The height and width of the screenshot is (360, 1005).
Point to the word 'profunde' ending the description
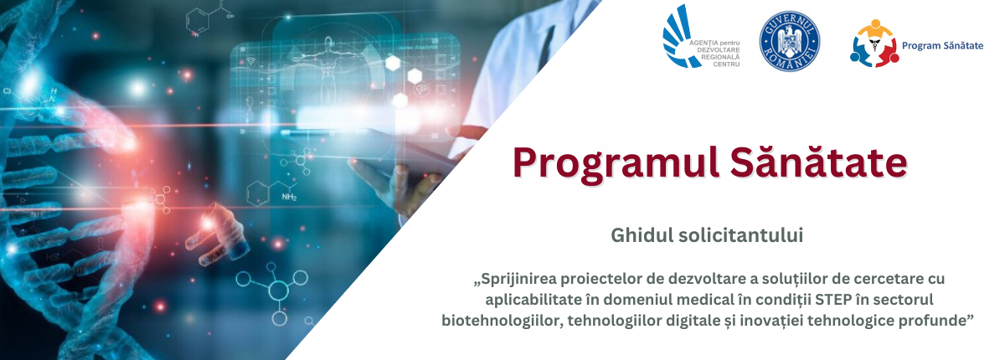(935, 321)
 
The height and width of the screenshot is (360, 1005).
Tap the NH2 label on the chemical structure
(289, 198)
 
